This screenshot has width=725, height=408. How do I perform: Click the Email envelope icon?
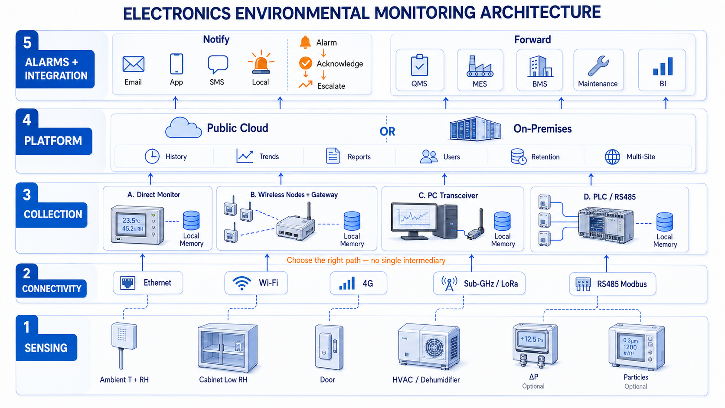click(x=134, y=64)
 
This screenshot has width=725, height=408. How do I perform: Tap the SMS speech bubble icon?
click(x=218, y=64)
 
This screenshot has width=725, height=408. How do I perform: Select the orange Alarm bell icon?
click(x=305, y=42)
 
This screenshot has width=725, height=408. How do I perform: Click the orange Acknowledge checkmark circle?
click(x=306, y=63)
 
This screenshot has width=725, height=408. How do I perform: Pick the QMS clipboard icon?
click(x=419, y=65)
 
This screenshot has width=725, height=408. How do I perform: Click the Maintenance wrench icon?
click(x=598, y=66)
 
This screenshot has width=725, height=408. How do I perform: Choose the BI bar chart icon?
click(x=663, y=66)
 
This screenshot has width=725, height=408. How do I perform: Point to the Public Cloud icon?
click(x=183, y=128)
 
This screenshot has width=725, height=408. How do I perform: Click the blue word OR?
click(x=387, y=132)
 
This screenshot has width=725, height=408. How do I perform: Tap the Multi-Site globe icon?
click(x=612, y=157)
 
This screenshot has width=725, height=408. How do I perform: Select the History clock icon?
click(x=152, y=157)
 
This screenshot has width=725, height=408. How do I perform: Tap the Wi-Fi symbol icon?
click(x=242, y=284)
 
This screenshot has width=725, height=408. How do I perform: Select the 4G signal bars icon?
click(x=347, y=284)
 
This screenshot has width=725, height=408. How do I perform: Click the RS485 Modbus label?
click(x=622, y=284)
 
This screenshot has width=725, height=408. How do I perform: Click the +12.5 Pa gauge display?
click(x=532, y=340)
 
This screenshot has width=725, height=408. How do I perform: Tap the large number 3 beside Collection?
click(x=27, y=195)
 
